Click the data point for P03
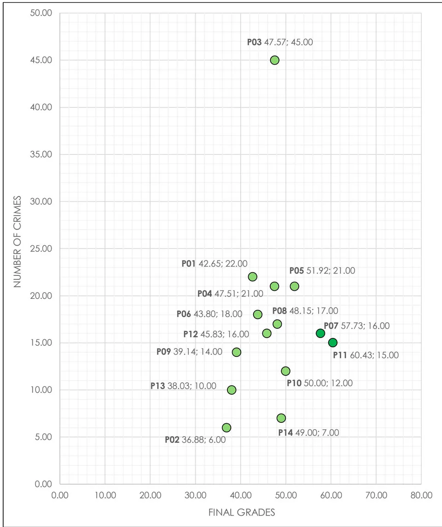pos(274,60)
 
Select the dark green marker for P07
pos(320,333)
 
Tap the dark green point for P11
pos(332,343)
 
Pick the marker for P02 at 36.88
pos(227,427)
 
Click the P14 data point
pos(281,418)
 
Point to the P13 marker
pos(232,390)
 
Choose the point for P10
pos(285,371)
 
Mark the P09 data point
pos(237,352)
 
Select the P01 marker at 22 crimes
pos(253,277)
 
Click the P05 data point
pos(294,286)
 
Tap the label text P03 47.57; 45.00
pos(280,42)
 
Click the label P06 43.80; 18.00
pos(209,314)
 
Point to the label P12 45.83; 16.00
pos(216,334)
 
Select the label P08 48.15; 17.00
pos(305,311)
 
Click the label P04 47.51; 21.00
pos(230,294)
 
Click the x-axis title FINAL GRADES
pos(242,513)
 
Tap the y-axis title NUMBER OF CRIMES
pos(17,242)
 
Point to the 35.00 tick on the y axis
pos(41,154)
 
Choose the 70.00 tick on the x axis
pos(376,495)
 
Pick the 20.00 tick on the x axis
pos(151,495)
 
